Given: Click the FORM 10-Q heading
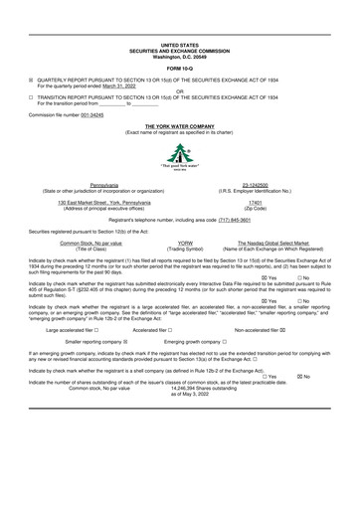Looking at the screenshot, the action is coord(179,67).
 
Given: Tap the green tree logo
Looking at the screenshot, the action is coord(179,153).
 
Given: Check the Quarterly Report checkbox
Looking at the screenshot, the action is coord(31,80).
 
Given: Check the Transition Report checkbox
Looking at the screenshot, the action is coord(31,97).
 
